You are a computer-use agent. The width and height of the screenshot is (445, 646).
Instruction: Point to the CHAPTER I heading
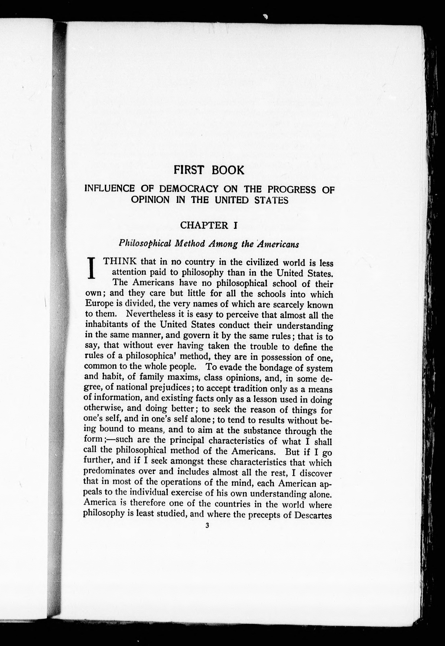(209, 225)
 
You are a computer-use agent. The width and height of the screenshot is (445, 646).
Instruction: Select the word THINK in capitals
(120, 262)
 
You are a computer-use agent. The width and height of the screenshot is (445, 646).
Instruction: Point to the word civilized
(263, 262)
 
